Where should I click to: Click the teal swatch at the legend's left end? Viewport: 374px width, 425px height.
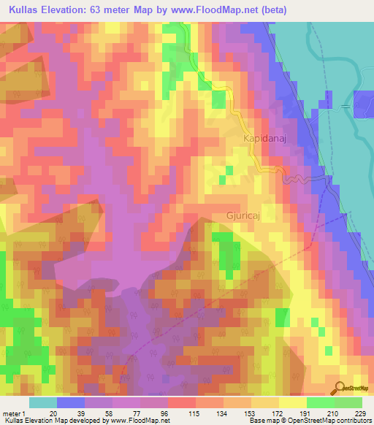click(x=43, y=402)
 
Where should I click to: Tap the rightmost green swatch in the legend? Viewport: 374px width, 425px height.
click(x=348, y=402)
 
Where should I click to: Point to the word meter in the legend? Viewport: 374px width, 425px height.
click(x=12, y=414)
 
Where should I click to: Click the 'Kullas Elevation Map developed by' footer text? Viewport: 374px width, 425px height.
click(x=54, y=421)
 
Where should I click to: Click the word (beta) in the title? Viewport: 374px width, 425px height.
click(x=270, y=10)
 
